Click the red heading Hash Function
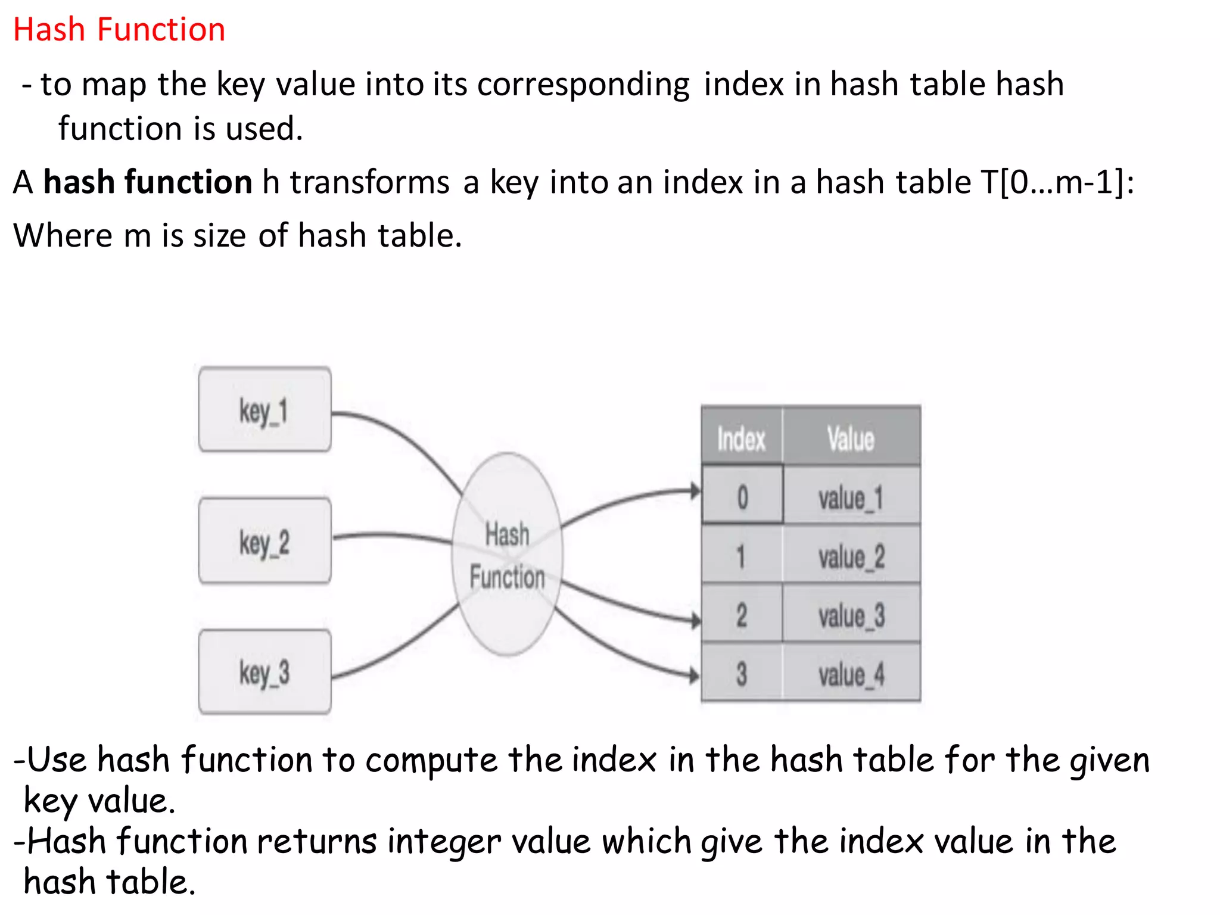119,30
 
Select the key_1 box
264,410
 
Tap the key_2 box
264,541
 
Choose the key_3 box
264,672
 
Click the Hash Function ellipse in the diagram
507,555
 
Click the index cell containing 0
742,496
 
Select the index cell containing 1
742,556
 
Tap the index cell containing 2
742,614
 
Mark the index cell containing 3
742,673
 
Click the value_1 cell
851,497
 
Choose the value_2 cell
851,556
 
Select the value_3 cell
851,614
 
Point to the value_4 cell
851,673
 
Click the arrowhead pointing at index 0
695,491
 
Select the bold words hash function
148,182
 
